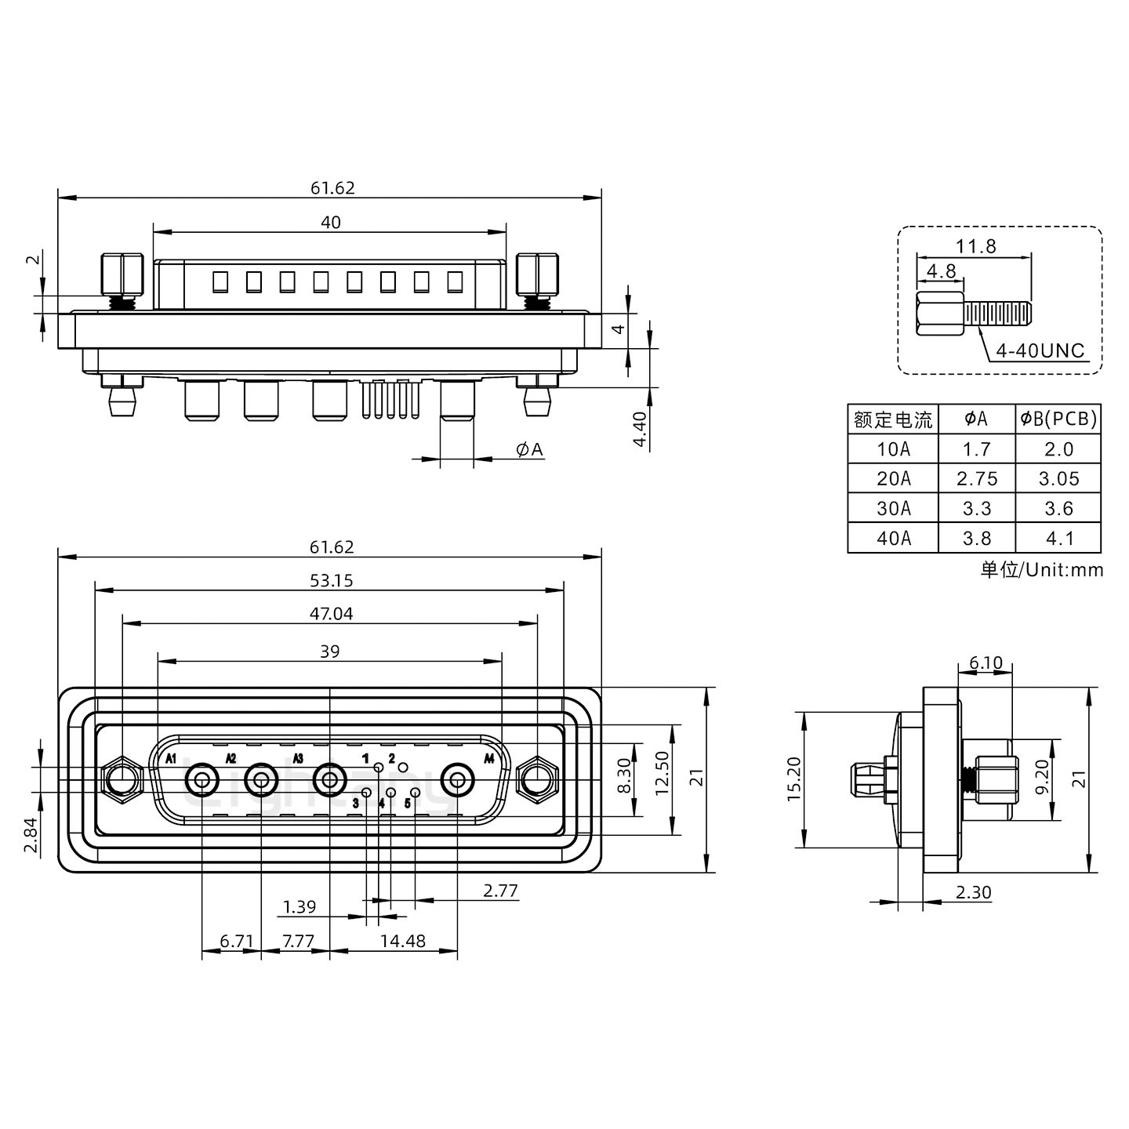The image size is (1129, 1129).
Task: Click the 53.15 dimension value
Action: [x=331, y=580]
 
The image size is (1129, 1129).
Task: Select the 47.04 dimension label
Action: [x=331, y=614]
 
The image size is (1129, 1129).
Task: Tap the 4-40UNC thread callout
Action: [x=1040, y=350]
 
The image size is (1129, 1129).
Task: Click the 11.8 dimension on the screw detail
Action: [x=975, y=246]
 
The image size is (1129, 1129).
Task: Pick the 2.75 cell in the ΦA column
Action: [x=976, y=479]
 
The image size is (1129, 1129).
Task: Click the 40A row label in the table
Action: [x=893, y=539]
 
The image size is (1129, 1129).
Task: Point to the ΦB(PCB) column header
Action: [x=1058, y=419]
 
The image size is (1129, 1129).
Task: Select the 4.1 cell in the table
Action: [x=1058, y=539]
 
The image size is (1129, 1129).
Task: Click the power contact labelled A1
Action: [x=202, y=781]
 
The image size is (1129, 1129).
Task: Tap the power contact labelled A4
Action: [x=457, y=781]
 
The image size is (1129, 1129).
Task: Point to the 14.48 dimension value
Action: [x=402, y=941]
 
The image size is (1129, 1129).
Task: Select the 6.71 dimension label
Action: [x=236, y=941]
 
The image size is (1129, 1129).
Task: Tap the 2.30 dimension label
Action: [x=973, y=892]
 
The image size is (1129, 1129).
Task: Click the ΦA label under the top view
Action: [x=529, y=449]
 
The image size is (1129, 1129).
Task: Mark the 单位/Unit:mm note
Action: [x=1041, y=570]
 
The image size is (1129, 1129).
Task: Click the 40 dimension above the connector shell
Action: [x=331, y=223]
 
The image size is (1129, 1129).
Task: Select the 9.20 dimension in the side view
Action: [x=1041, y=779]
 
